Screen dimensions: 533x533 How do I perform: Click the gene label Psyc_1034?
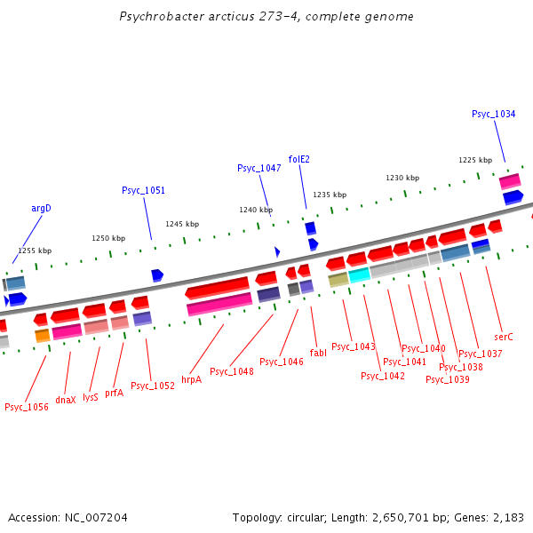[x=493, y=114]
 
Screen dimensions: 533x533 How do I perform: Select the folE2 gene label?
[x=299, y=159]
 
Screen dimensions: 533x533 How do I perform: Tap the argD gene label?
[x=42, y=208]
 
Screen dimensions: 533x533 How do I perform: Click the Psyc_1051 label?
[x=143, y=190]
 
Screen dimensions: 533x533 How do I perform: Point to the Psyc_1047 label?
[x=259, y=168]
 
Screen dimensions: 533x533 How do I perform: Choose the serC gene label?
[x=504, y=337]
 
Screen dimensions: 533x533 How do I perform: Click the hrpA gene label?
[x=191, y=379]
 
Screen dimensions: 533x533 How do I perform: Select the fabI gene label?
[x=318, y=353]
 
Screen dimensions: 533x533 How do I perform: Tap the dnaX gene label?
[x=66, y=400]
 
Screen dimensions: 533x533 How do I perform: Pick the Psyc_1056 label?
[x=26, y=407]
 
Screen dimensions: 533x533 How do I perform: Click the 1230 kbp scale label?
[x=402, y=178]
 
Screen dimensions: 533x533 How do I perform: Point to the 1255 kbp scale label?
[x=35, y=251]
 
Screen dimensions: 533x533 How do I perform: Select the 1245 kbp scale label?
[x=182, y=224]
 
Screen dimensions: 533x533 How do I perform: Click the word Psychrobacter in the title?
[x=159, y=17]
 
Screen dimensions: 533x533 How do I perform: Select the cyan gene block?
[x=359, y=275]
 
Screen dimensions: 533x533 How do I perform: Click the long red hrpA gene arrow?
[x=218, y=288]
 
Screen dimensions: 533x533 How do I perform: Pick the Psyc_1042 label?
[x=382, y=376]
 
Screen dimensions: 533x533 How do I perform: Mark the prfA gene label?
[x=114, y=393]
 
